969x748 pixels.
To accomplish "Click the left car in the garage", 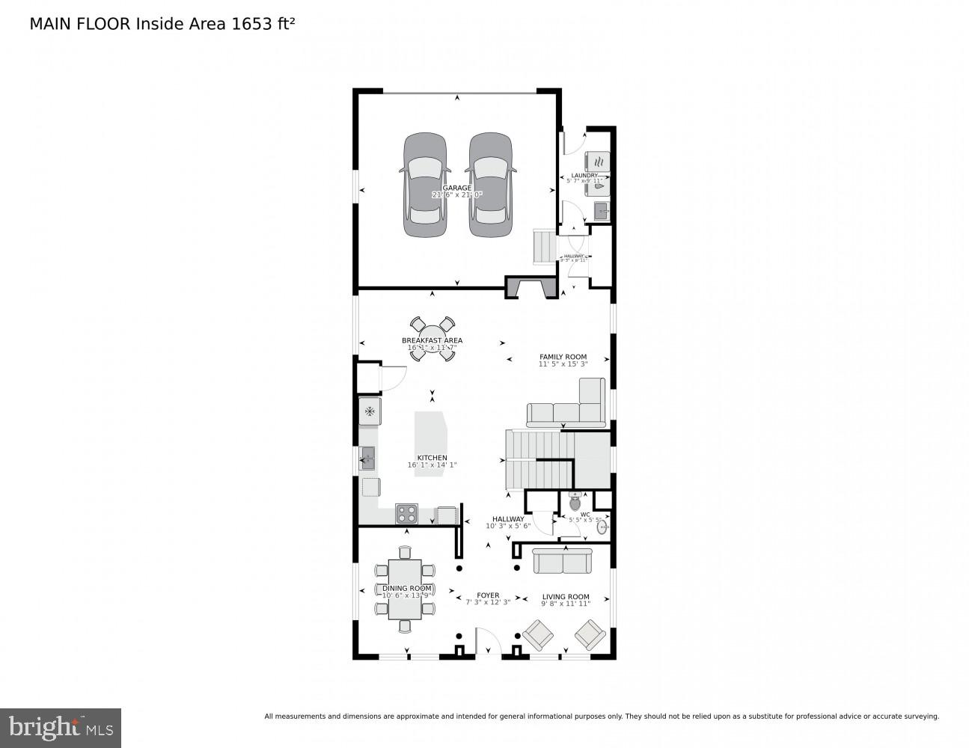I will click(x=425, y=186).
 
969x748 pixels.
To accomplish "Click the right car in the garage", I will click(x=491, y=186).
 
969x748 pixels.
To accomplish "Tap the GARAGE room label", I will click(x=456, y=188).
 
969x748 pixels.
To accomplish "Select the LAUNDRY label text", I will click(x=584, y=175).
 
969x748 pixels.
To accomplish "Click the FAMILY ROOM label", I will click(x=563, y=357).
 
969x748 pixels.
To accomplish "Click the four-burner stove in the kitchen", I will click(x=407, y=514).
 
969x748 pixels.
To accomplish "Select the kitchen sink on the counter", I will click(x=367, y=458).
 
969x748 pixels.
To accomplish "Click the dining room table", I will click(x=405, y=589).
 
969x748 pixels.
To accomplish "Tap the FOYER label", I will click(x=488, y=595).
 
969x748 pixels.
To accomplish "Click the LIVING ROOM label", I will click(x=566, y=597).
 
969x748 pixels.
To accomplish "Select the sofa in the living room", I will click(x=562, y=560).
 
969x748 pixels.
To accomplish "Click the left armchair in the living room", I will click(x=537, y=635).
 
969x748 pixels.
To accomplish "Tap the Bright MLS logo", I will click(x=61, y=727).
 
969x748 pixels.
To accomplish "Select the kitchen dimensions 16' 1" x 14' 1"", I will click(x=432, y=465).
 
